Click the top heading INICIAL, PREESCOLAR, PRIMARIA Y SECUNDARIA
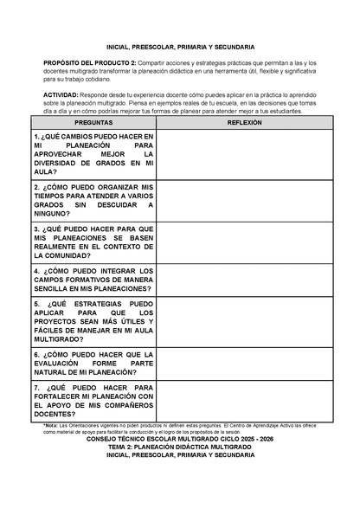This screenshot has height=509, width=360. [x=180, y=47]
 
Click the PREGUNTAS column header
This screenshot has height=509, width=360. [x=93, y=123]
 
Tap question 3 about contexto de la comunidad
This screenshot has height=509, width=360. [x=93, y=242]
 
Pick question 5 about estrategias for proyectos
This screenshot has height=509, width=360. [x=93, y=323]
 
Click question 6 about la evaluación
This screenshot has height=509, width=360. [x=93, y=363]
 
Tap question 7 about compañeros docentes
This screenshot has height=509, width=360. [x=93, y=400]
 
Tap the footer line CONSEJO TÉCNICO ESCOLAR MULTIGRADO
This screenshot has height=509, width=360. [x=180, y=440]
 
